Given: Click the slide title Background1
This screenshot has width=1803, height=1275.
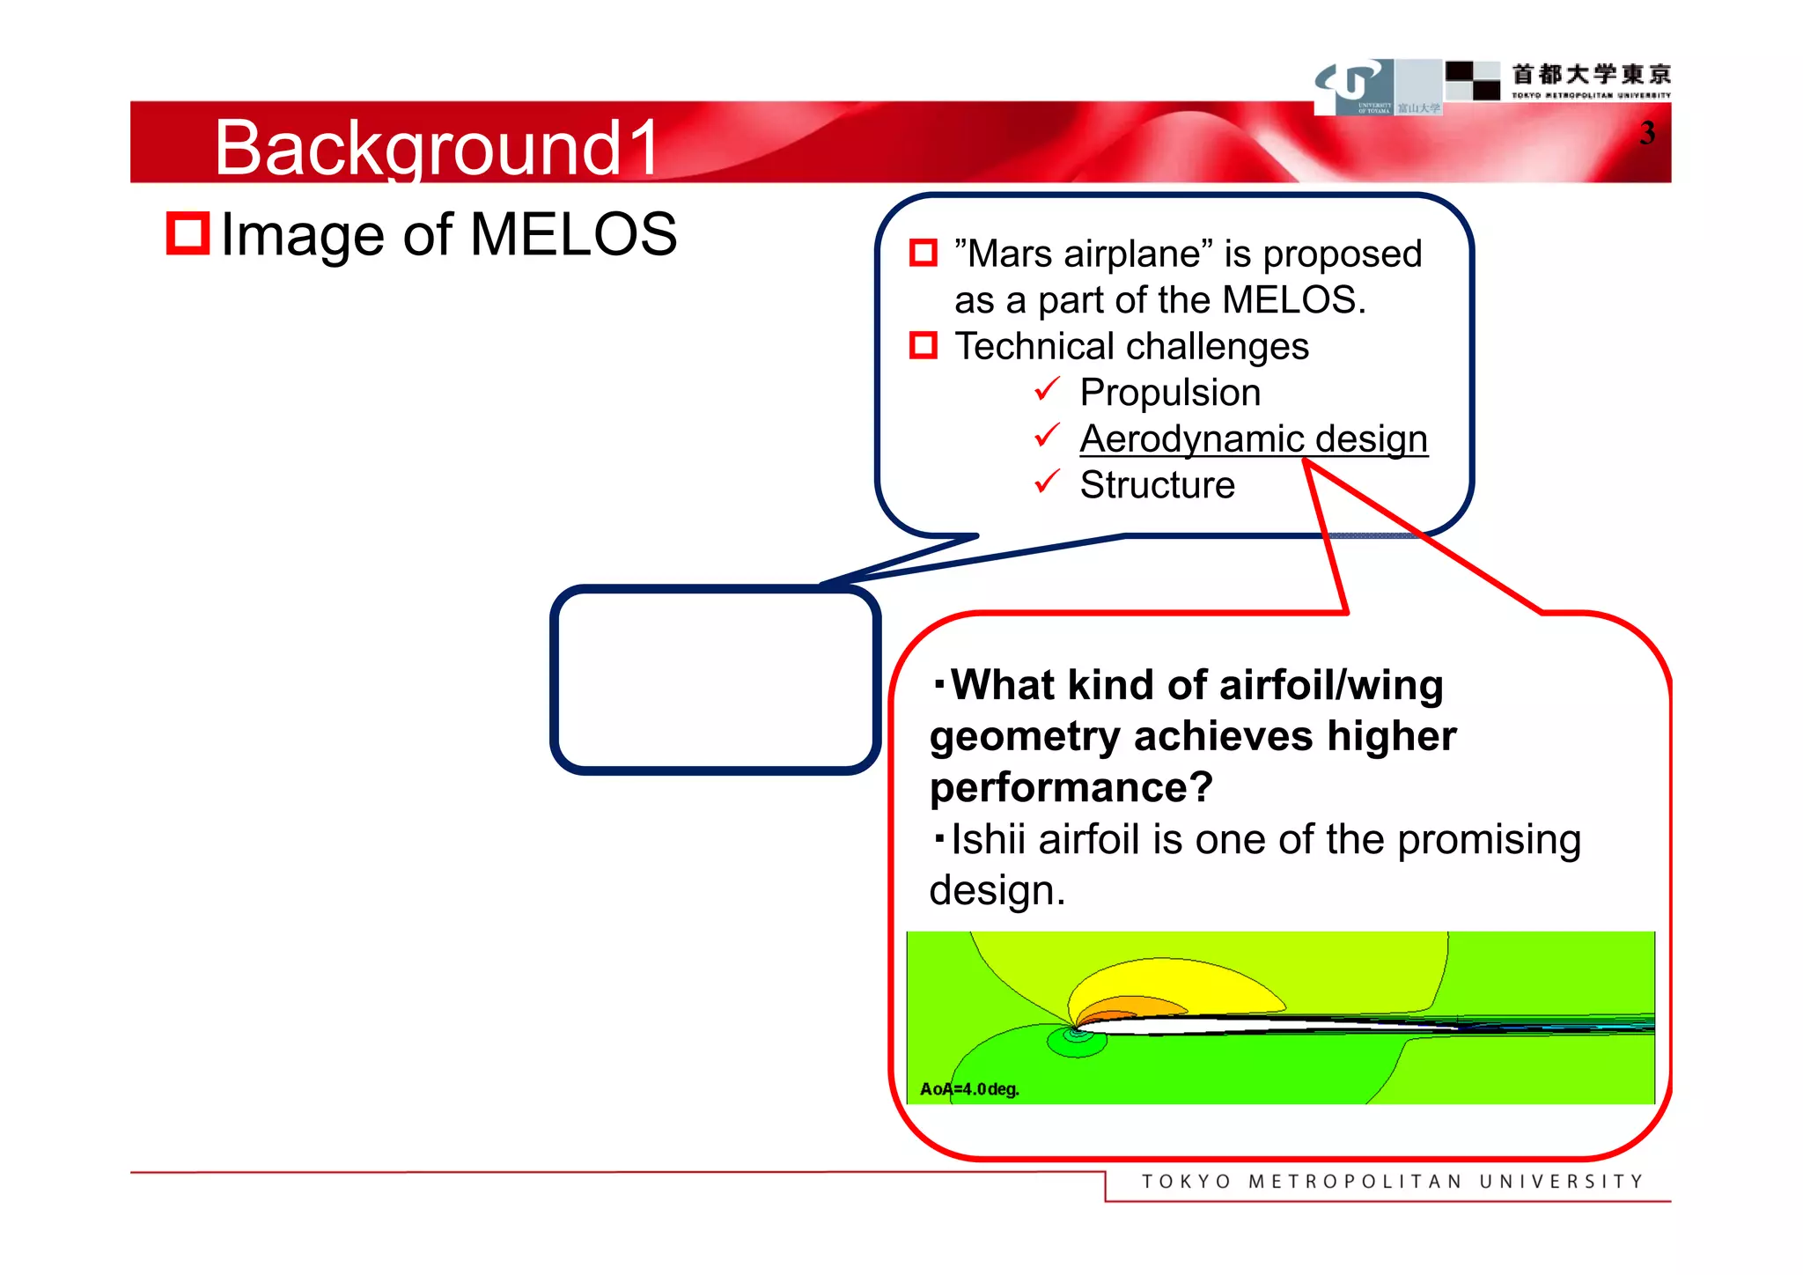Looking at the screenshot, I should tap(437, 148).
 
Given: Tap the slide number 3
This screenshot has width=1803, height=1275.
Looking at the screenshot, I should tap(1646, 134).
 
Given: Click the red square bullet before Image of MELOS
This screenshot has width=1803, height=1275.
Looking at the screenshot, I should tap(188, 233).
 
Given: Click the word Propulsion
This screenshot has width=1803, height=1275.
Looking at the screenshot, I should tap(1170, 393).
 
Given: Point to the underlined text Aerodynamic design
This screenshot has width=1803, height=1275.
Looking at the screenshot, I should tap(1253, 439).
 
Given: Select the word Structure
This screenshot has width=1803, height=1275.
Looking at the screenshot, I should tap(1157, 485).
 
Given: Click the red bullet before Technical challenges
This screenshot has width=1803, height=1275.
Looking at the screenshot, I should tap(923, 345).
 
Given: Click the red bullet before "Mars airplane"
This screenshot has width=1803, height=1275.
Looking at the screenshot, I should tap(923, 254).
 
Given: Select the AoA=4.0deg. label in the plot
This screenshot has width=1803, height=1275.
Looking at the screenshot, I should tap(969, 1089).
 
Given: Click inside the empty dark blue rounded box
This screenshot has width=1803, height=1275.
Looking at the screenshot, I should tap(715, 680).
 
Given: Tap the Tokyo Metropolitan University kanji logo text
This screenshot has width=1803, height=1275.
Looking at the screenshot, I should tap(1590, 75).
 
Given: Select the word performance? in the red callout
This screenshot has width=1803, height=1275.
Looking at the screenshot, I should tap(1071, 787).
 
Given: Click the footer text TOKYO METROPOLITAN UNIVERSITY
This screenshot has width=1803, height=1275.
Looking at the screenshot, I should tap(1392, 1182).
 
